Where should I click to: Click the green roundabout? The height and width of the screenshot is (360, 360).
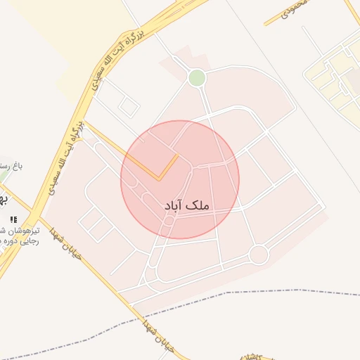click(197, 78)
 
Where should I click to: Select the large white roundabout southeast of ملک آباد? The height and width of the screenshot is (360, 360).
click(259, 255)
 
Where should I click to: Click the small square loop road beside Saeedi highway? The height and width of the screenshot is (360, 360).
click(128, 108)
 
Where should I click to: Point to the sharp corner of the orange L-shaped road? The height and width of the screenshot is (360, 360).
click(159, 179)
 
